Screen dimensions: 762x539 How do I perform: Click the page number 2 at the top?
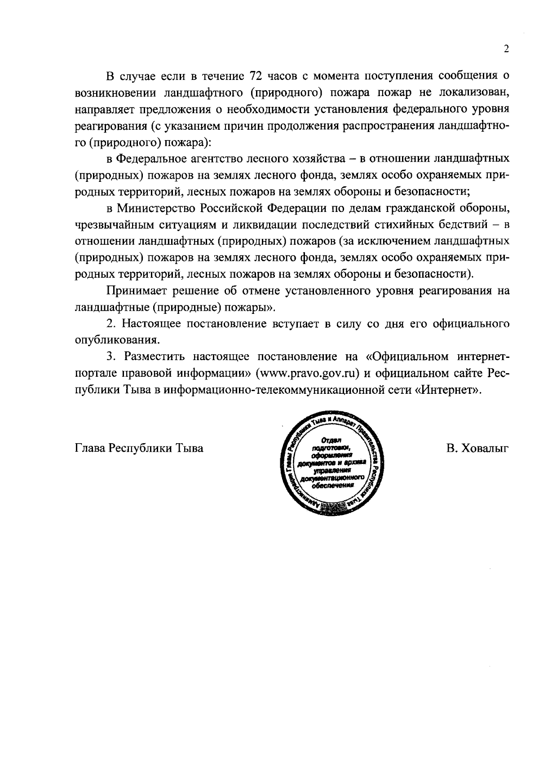pyautogui.click(x=506, y=49)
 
